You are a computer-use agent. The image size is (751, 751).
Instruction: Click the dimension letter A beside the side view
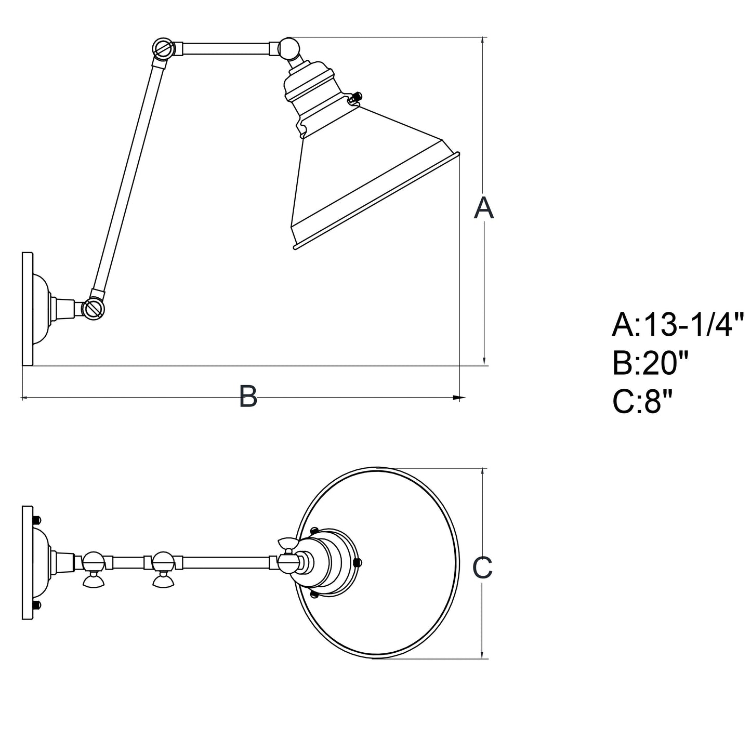coord(484,208)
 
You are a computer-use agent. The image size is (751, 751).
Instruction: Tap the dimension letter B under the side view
coord(248,396)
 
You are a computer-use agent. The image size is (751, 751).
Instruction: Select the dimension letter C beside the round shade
coord(482,568)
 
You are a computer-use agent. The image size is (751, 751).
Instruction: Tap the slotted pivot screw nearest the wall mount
coord(94,309)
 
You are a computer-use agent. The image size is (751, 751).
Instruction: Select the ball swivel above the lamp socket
coord(289,47)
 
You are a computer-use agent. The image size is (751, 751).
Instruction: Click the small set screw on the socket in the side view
coord(357,97)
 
